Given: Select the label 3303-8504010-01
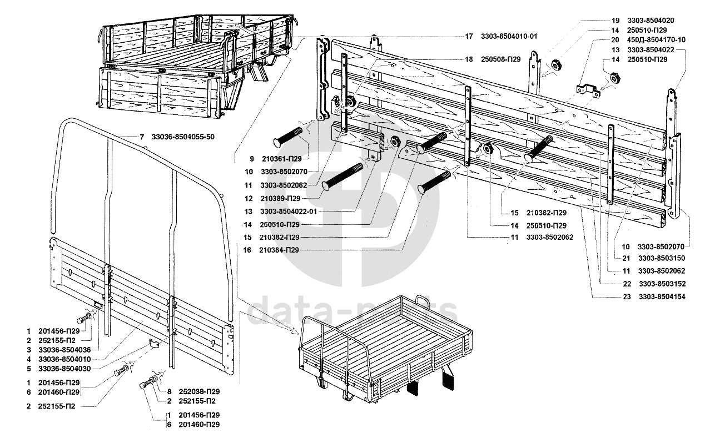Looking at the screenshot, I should tap(510, 37).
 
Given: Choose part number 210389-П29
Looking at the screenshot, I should tap(279, 198).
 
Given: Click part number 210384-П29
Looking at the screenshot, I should tap(279, 250).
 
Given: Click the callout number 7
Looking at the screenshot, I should tap(141, 137).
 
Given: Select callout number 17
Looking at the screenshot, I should tap(469, 37).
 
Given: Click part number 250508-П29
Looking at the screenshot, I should tap(497, 59).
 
